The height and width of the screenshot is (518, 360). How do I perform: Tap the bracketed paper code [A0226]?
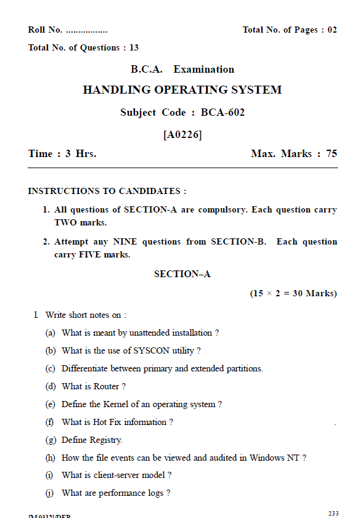182,134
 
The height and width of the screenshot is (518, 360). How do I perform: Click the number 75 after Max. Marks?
332,153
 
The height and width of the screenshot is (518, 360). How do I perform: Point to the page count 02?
332,30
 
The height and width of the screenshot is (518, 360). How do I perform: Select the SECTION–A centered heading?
182,273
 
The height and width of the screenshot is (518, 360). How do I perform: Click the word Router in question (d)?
106,386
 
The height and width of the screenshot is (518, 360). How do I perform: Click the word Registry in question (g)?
106,440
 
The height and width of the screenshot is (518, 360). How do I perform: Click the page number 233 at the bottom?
333,513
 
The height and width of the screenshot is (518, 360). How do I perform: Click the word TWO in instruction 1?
65,222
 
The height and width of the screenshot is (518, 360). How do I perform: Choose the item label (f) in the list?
50,422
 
